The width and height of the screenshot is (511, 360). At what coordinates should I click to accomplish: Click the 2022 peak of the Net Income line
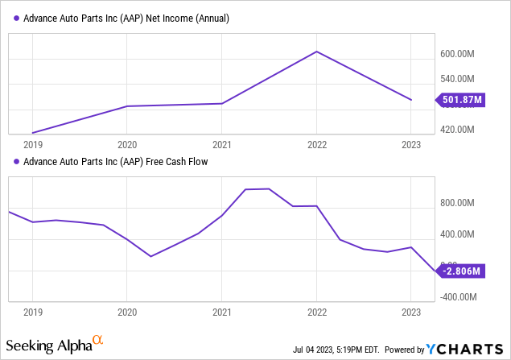tap(317, 52)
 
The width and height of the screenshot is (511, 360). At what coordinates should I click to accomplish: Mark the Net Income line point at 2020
tap(127, 106)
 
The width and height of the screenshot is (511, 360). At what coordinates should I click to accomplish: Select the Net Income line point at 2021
tap(222, 103)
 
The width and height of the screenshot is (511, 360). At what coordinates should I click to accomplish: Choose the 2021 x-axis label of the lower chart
tap(222, 311)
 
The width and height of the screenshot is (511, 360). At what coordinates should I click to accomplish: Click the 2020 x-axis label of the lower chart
tap(127, 311)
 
